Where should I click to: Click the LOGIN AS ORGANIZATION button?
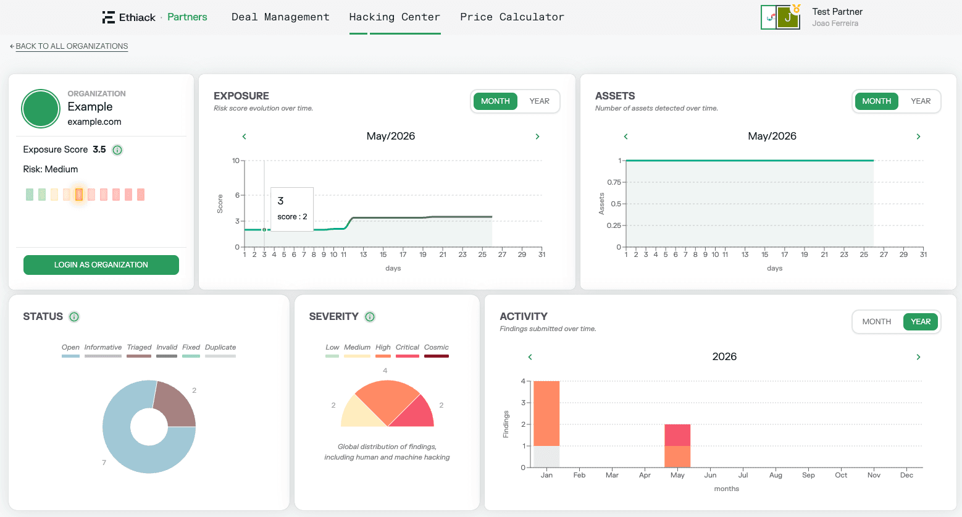click(101, 265)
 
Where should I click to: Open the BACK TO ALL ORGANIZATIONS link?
click(72, 46)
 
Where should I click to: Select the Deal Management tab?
click(280, 17)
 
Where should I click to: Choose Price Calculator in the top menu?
click(512, 17)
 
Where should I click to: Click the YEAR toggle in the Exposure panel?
click(539, 101)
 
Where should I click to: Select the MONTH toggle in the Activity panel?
click(877, 321)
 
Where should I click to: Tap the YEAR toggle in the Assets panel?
click(921, 101)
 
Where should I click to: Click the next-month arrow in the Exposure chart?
click(537, 137)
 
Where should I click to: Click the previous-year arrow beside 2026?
click(530, 356)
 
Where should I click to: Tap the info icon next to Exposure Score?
click(117, 150)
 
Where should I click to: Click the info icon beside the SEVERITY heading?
click(370, 317)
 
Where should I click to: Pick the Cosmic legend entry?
click(437, 350)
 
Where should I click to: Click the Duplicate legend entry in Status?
click(220, 350)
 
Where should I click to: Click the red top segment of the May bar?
click(677, 435)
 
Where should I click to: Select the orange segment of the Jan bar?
click(546, 413)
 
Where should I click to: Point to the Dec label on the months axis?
click(906, 475)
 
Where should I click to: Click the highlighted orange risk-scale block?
click(79, 195)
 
